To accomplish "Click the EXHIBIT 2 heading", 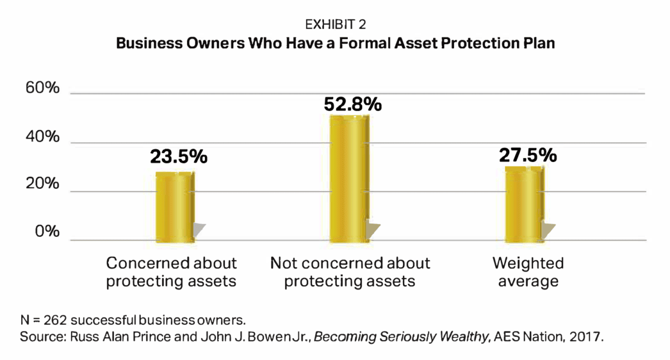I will click(x=335, y=25).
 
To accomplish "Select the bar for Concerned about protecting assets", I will click(x=175, y=207).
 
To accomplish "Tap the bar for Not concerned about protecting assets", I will click(x=349, y=179).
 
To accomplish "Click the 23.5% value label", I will click(x=179, y=156).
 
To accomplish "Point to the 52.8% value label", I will click(x=353, y=104).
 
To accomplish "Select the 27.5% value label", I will click(x=528, y=155).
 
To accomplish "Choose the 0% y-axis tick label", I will click(x=46, y=232).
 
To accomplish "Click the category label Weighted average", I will click(x=528, y=272).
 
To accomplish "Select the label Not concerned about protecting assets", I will click(x=350, y=272).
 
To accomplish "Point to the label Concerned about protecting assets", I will click(x=171, y=272).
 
